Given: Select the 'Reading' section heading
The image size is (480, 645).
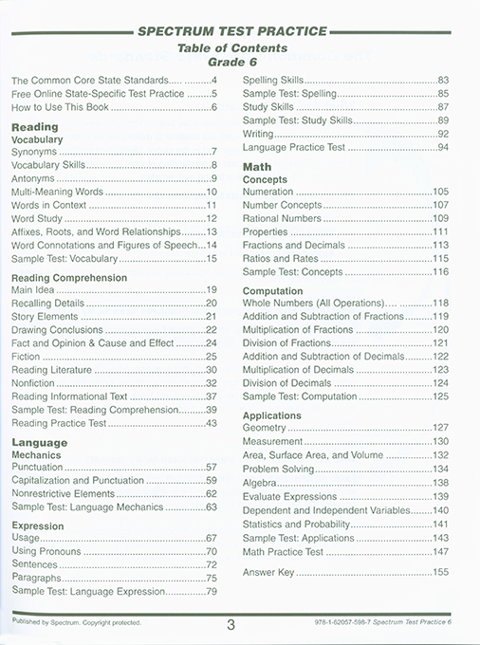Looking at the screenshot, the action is coord(34,126).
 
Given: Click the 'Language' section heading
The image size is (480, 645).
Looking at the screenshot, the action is coord(40,442).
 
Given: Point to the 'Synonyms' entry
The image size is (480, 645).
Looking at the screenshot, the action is coord(34,152).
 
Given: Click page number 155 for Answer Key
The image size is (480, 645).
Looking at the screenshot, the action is coord(440,573).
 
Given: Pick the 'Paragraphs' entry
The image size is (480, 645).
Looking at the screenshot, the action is coord(37,578).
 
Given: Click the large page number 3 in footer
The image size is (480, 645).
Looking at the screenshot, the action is coord(231,623).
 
